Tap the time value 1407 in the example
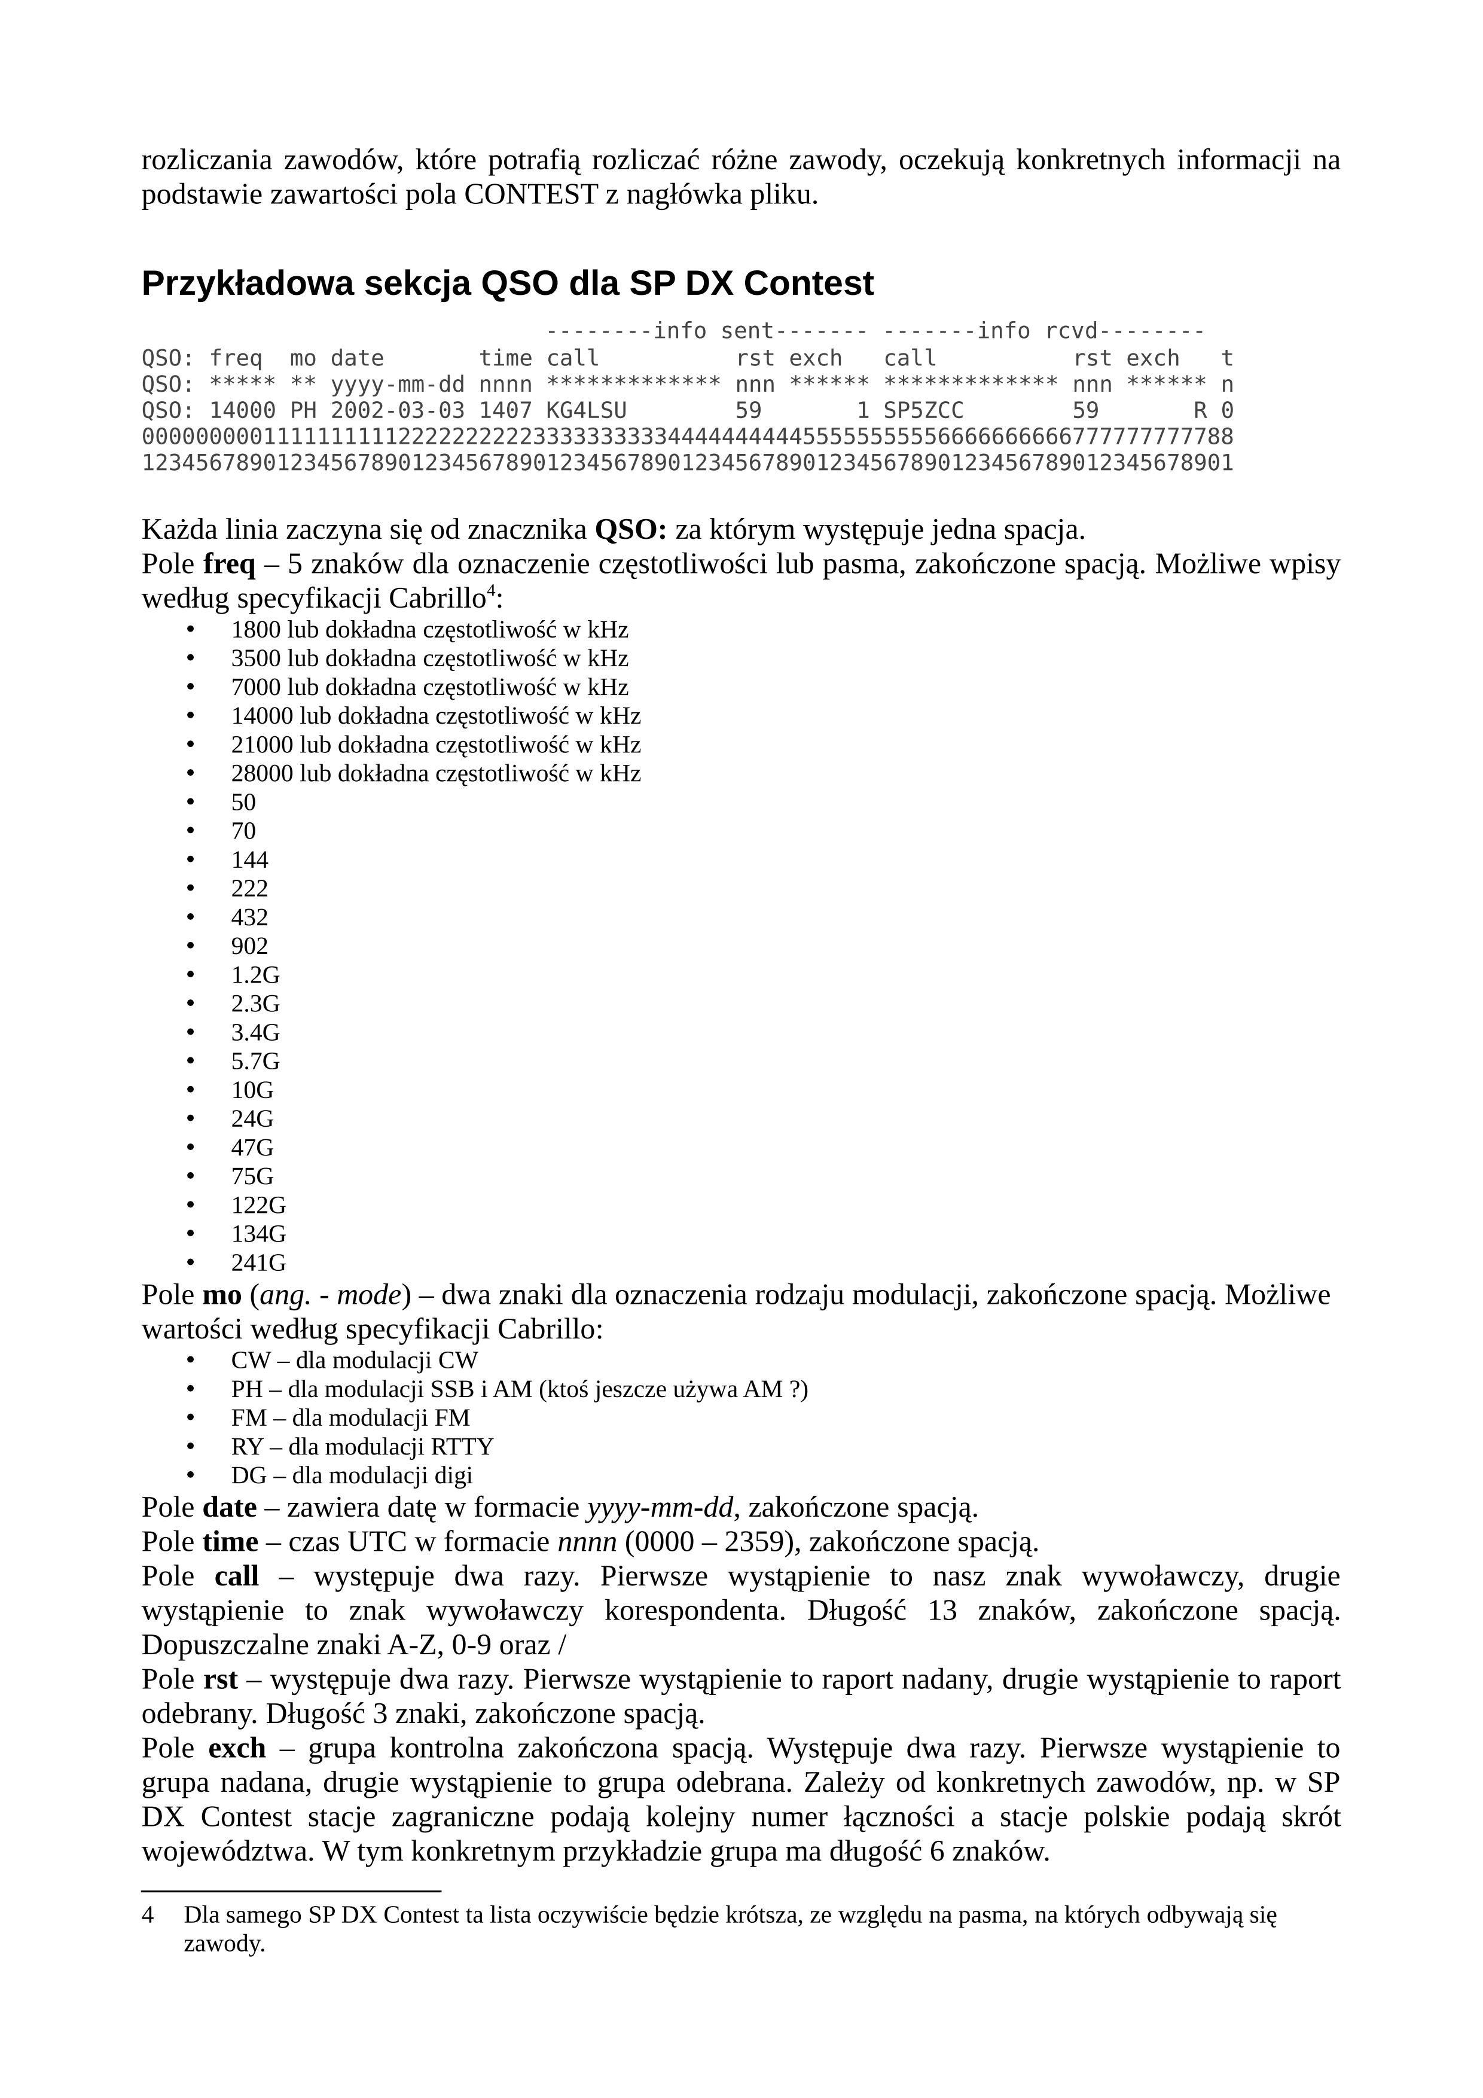point(505,410)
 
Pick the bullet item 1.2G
point(255,975)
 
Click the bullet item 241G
point(258,1263)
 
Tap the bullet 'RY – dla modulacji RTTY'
point(362,1447)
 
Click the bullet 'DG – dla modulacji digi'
point(351,1475)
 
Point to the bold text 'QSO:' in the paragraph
point(630,530)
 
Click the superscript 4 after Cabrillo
point(490,591)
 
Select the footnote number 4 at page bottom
point(147,1915)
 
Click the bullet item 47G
point(252,1148)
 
